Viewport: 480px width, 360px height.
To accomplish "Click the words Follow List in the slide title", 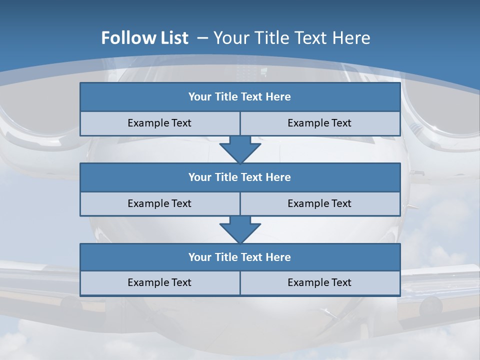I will [144, 38].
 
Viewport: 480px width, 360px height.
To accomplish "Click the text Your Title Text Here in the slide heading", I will [292, 38].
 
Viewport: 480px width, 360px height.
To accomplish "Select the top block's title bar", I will [240, 97].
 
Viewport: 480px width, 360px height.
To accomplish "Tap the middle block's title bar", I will [240, 177].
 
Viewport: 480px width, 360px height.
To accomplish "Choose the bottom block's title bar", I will [240, 257].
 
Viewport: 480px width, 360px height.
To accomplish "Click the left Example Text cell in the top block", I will [159, 123].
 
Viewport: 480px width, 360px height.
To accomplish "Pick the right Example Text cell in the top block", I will [319, 123].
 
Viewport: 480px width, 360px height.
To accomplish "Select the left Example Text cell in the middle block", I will [159, 203].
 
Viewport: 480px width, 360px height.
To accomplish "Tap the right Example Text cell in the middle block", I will [319, 203].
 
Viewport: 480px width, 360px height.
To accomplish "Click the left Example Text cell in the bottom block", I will [159, 282].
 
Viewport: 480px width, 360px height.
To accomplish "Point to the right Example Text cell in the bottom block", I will [319, 282].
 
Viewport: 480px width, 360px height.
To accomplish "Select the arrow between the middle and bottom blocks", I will [240, 229].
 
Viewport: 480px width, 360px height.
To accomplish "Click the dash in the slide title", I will [203, 38].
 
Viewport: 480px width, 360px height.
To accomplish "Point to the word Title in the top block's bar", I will [226, 97].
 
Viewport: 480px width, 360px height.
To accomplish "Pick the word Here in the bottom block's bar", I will [278, 257].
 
